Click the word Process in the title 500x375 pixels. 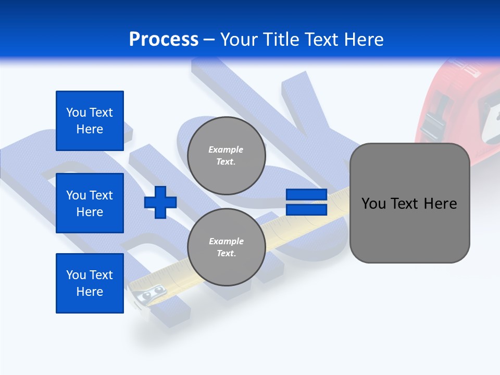164,40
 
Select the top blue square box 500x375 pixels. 90,121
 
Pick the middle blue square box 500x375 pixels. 90,203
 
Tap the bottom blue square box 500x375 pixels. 90,283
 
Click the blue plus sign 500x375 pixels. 160,203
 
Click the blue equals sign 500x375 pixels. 306,203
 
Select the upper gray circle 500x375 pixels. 226,156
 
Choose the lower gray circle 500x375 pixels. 226,247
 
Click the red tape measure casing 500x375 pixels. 458,94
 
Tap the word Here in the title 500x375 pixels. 363,40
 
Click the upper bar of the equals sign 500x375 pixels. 306,195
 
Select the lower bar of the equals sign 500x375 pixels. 306,210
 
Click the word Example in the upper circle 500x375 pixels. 226,149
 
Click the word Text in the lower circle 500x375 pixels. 226,254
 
